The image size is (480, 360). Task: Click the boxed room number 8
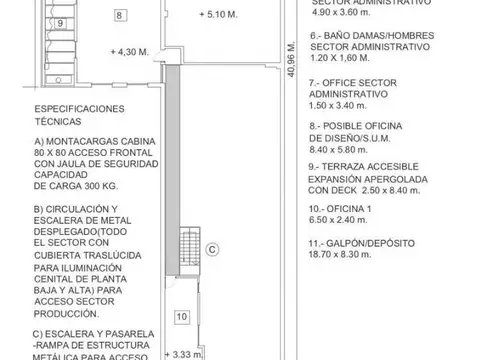120,16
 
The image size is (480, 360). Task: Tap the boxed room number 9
60,22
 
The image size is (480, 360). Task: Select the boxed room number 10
181,317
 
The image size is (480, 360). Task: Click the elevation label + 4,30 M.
131,51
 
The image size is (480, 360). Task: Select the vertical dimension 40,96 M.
289,65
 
